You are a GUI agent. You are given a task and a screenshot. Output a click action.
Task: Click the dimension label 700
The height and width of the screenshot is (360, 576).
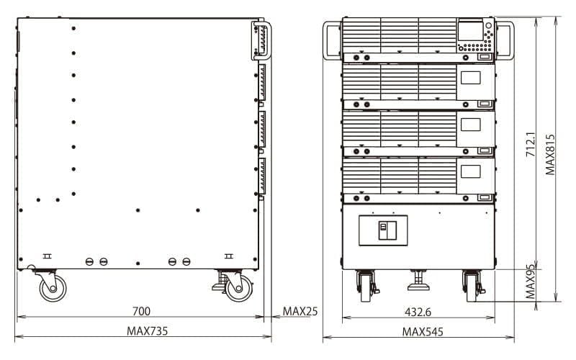click(x=141, y=311)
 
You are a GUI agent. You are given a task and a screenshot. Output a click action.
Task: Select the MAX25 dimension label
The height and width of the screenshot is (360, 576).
click(x=300, y=311)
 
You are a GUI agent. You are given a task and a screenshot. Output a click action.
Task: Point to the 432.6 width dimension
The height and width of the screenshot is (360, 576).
click(x=418, y=311)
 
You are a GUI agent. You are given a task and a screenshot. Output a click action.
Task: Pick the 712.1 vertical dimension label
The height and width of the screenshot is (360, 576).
click(x=531, y=144)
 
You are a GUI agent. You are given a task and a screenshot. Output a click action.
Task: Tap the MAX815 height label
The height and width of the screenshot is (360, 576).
click(x=551, y=154)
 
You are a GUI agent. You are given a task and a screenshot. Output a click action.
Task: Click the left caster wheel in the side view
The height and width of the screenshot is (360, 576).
click(x=51, y=289)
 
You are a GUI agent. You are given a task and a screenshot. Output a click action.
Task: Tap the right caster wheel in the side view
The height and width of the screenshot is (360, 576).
click(x=235, y=288)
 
